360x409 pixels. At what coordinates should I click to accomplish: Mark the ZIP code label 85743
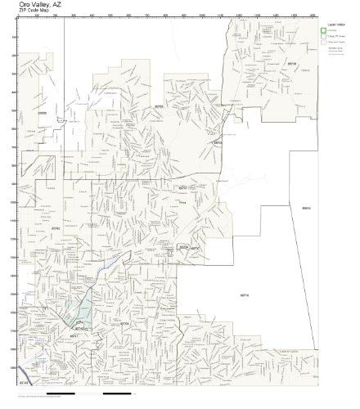(23, 381)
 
